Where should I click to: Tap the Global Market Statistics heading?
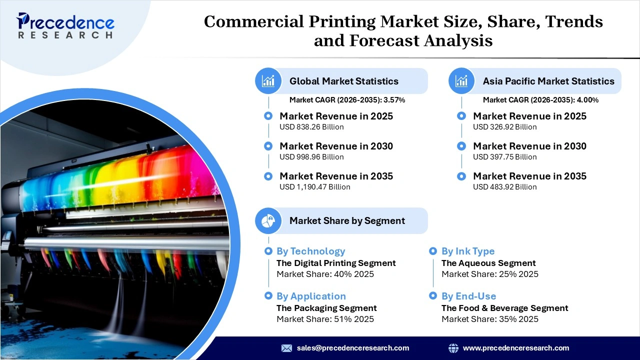pos(344,81)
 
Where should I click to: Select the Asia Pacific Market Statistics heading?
pos(548,81)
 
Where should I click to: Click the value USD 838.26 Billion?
pos(311,127)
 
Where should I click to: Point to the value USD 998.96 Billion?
pos(311,157)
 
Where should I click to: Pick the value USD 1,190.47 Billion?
pos(314,187)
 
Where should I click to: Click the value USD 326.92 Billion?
pos(505,127)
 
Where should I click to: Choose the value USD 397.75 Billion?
pos(505,157)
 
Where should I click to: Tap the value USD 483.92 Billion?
pos(505,187)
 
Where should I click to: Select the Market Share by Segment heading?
pos(347,220)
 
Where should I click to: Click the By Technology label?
pos(310,251)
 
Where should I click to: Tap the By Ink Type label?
pos(468,251)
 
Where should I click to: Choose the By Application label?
pos(311,296)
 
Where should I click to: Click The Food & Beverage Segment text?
pos(504,308)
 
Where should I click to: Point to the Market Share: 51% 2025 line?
pos(325,319)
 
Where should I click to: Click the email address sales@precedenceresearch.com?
pos(353,348)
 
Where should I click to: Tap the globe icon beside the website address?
pos(453,348)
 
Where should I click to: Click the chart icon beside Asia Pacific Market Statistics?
pos(461,81)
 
